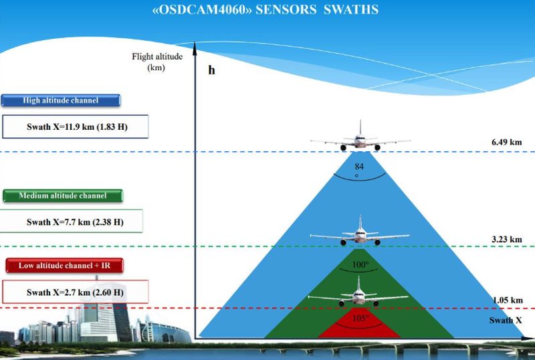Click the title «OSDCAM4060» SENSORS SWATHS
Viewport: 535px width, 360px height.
(265, 9)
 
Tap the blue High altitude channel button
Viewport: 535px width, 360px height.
(61, 100)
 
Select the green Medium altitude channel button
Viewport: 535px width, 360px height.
(63, 195)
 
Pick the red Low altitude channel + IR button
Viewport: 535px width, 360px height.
(64, 266)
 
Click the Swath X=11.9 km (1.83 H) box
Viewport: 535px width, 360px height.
(76, 126)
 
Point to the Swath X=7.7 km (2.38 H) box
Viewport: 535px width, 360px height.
(72, 221)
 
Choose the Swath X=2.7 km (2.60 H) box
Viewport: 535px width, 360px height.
(76, 292)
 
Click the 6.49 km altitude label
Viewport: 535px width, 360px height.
(507, 142)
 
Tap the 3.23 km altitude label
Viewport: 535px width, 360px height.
(507, 239)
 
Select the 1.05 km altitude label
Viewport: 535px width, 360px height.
(508, 300)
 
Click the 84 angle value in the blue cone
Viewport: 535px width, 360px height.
(359, 167)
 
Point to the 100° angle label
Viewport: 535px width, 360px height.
(360, 265)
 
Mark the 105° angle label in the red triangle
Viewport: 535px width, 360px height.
(360, 319)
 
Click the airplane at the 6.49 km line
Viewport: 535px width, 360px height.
(360, 137)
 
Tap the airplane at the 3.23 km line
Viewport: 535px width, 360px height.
(360, 232)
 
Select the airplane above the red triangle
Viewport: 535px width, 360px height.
(358, 292)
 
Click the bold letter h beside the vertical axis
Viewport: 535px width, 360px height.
(211, 70)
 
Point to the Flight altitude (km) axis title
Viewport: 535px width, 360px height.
(157, 62)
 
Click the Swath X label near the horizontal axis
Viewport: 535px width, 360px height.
(506, 321)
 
